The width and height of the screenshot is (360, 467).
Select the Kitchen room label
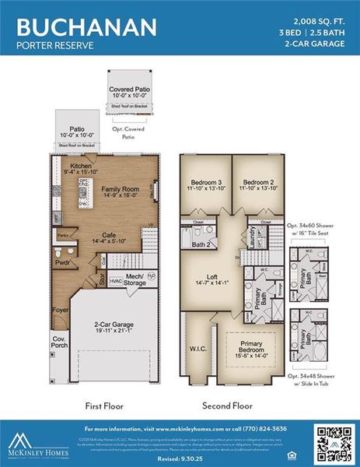(82, 167)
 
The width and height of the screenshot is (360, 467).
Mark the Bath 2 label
(203, 244)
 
